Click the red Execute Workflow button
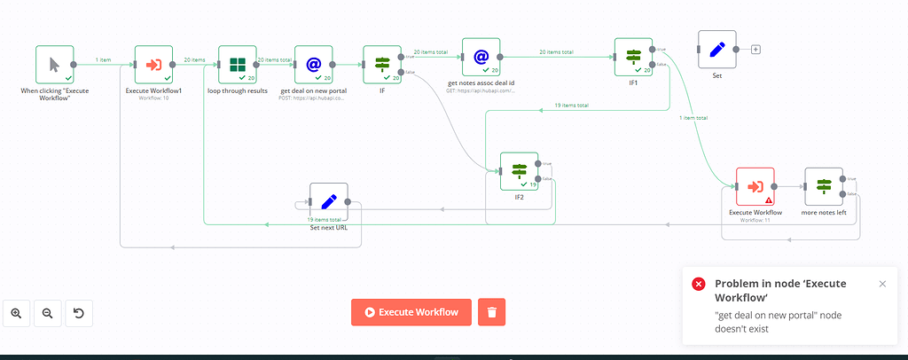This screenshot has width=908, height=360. click(x=411, y=312)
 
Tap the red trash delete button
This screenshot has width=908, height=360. click(x=492, y=312)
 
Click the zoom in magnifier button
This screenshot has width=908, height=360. click(x=17, y=313)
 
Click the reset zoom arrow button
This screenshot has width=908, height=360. click(x=78, y=313)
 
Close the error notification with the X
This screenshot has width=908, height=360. click(x=882, y=284)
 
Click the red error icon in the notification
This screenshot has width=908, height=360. click(x=699, y=284)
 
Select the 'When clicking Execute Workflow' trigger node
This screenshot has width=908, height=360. click(x=55, y=65)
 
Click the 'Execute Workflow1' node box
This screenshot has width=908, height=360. click(x=153, y=65)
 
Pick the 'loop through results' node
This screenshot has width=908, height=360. click(x=238, y=65)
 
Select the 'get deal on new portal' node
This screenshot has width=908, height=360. click(x=313, y=65)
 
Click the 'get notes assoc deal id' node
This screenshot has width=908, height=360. click(x=481, y=58)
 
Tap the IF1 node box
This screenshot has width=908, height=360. click(x=633, y=58)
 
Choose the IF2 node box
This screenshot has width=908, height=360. click(x=519, y=171)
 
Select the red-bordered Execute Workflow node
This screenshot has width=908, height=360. click(x=755, y=187)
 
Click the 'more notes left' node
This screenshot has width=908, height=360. click(x=824, y=187)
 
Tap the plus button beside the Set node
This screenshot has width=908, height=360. click(x=755, y=50)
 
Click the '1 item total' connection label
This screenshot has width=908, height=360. click(x=693, y=118)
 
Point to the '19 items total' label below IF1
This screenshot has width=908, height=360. click(x=572, y=106)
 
